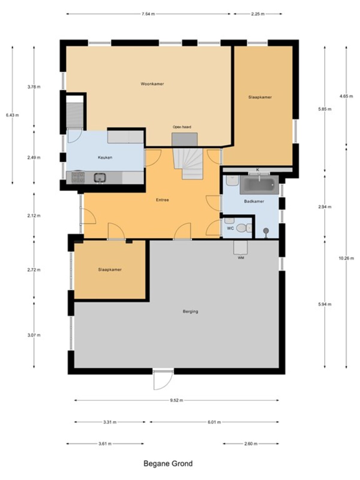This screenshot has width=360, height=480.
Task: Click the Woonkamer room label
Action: coord(152,84)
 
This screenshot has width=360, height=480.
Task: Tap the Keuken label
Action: coord(105,157)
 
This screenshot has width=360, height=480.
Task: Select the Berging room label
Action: coord(190,311)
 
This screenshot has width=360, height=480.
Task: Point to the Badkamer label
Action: coord(254,201)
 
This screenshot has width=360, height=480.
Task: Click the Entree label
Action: coord(162,200)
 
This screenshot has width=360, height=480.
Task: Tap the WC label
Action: coord(230,229)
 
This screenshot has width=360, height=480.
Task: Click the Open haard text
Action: coord(182,127)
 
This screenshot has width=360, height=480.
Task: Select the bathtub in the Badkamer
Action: coord(259,185)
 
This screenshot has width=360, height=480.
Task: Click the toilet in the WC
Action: coord(244,228)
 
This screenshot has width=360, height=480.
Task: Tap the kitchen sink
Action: coord(100,177)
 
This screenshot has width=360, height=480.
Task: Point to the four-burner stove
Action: coord(78,177)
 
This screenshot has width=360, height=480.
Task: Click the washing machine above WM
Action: coord(240,247)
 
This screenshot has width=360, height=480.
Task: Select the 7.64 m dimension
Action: coord(148,14)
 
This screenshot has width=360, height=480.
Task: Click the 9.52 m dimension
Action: coord(177,400)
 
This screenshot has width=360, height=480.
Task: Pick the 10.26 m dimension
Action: coord(346,258)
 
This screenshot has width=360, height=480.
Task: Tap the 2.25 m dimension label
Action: coord(258,14)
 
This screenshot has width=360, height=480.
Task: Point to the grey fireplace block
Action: coord(185,139)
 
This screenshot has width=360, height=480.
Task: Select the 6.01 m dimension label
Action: coord(214,422)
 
